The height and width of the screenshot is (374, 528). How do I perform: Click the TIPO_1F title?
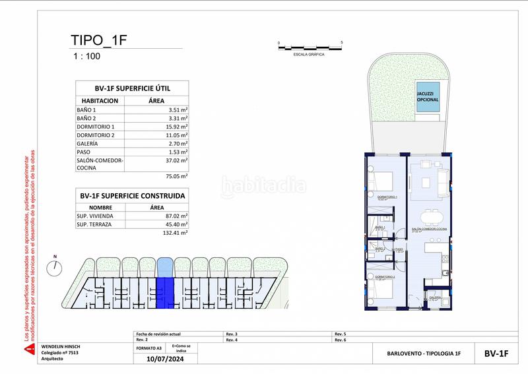(x=98, y=40)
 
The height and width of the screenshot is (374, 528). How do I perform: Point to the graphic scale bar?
(x=310, y=47)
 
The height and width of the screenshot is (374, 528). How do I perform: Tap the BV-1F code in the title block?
(x=496, y=354)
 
